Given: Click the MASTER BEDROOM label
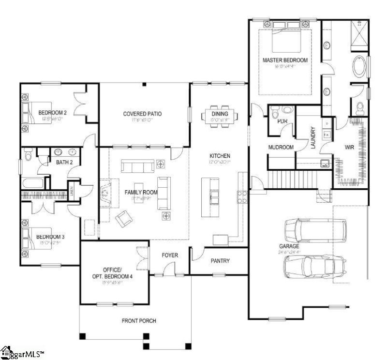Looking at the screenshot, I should pyautogui.click(x=285, y=60).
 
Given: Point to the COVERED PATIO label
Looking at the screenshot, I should pyautogui.click(x=142, y=114).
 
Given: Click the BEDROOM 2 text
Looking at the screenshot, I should pyautogui.click(x=52, y=113).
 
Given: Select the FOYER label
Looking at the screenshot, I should pyautogui.click(x=170, y=255).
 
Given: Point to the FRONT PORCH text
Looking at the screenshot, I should pyautogui.click(x=139, y=320).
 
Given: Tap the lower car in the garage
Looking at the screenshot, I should pyautogui.click(x=314, y=265).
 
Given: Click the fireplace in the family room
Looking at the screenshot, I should pyautogui.click(x=105, y=194).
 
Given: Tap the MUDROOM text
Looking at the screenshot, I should pyautogui.click(x=281, y=147).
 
